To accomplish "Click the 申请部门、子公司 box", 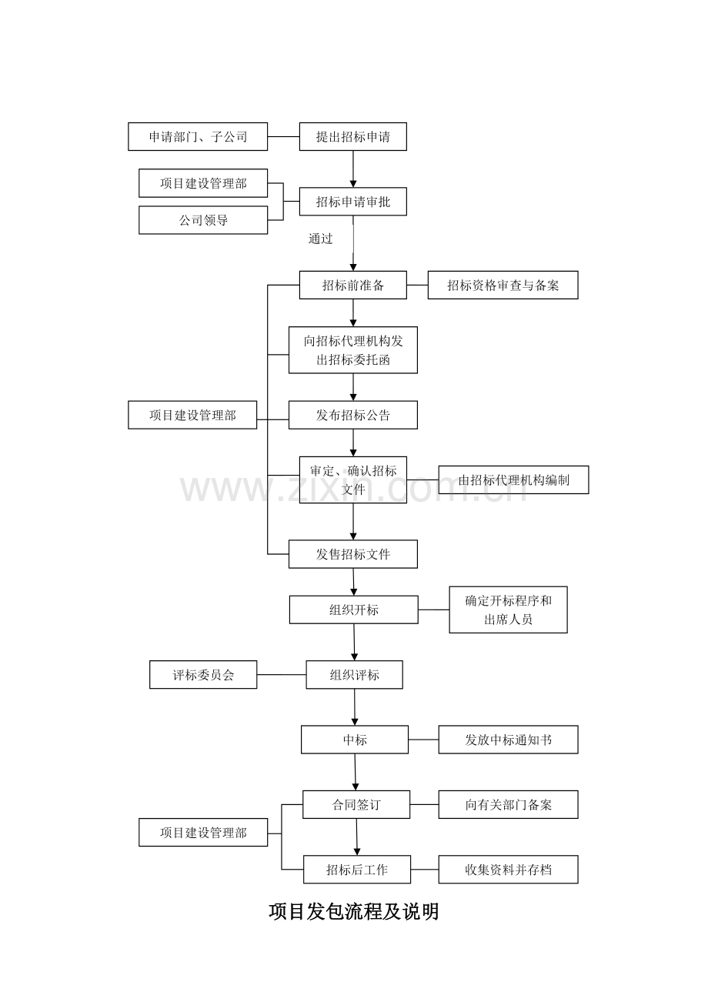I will coord(198,137).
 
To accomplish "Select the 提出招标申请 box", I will coord(352,137).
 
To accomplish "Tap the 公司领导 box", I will coord(203,220).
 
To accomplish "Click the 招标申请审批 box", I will coord(352,202).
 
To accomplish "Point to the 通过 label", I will coord(321,239).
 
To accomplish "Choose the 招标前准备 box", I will coord(352,286).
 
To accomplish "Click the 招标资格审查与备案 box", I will coord(503,286).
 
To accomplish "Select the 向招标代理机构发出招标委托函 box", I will coord(352,350).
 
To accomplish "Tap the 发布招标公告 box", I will coord(352,415).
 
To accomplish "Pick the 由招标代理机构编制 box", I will coord(513,479).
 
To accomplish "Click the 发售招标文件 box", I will coord(352,554).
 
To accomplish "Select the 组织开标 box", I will coord(353,610).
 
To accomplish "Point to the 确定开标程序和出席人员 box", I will coord(508,610).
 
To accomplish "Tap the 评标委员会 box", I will coord(203,675).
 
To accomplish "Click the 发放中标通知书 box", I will coord(508,740).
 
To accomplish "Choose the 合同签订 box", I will coord(356,805).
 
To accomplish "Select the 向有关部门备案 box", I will coord(508,805).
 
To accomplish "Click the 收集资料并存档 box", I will coord(508,870).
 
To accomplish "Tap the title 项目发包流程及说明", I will coord(354,912).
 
